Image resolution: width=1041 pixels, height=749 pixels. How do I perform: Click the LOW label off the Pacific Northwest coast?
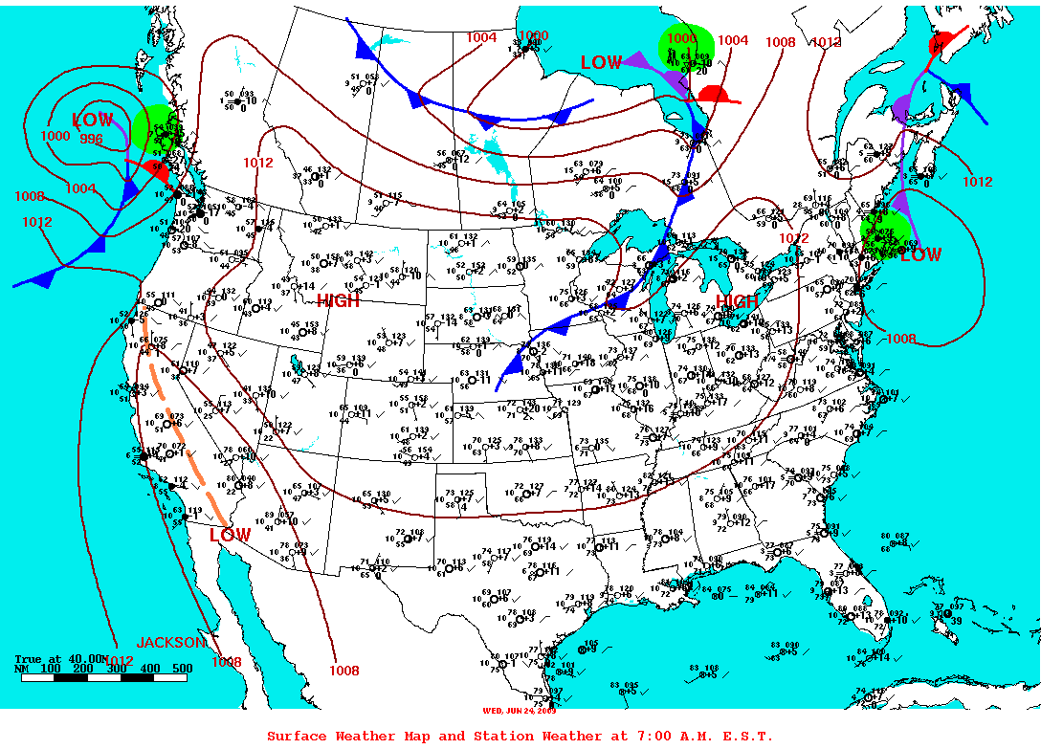93,121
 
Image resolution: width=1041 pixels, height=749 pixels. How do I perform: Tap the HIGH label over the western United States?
339,300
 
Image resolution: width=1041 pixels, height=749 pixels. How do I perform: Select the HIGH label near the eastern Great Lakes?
737,302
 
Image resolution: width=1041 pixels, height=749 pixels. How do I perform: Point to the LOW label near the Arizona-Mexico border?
231,535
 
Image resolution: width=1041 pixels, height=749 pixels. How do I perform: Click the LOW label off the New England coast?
920,255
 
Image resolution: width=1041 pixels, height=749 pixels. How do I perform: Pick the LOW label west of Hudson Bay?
602,62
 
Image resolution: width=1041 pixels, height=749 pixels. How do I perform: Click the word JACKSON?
171,642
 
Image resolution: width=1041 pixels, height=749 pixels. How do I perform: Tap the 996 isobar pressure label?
92,139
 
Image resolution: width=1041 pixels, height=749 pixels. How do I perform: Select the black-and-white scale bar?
101,677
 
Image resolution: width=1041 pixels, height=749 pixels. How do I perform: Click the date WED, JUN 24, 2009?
520,710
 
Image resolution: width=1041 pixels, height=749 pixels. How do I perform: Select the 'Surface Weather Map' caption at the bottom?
520,736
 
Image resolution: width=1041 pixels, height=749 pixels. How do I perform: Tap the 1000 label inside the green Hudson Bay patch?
682,38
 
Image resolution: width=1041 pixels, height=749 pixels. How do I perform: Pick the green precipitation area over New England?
885,234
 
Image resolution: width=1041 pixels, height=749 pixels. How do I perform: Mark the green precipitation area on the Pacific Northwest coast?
155,129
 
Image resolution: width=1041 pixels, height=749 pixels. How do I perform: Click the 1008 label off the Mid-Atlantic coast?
901,339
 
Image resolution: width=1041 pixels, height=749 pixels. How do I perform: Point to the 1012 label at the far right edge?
978,182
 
